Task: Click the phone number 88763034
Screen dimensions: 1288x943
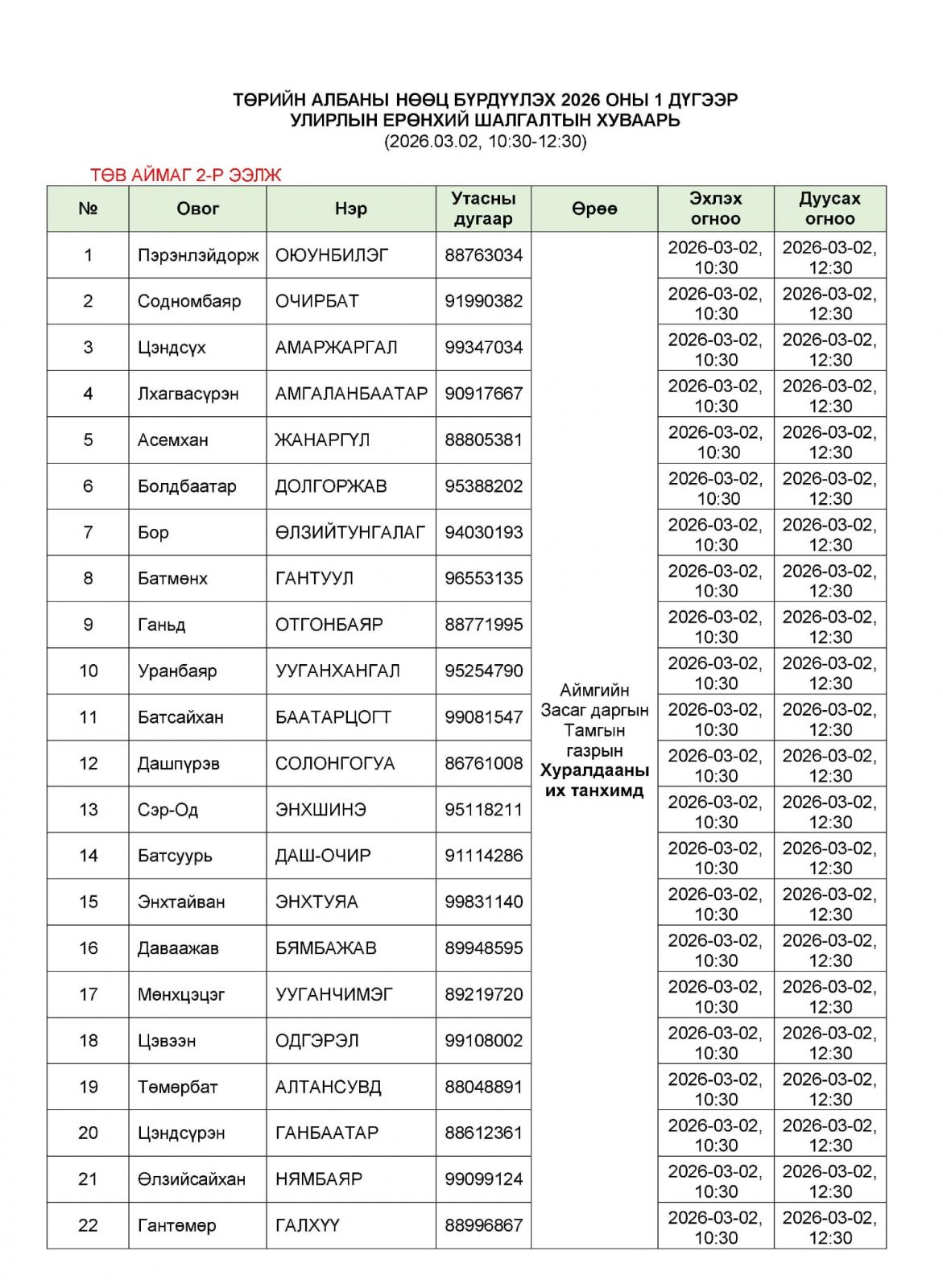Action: (483, 255)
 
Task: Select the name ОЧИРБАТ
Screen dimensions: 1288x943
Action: (316, 301)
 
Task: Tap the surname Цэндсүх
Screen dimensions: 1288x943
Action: (172, 348)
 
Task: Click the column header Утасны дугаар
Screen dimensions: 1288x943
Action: (483, 208)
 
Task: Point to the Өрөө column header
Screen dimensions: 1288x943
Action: (594, 208)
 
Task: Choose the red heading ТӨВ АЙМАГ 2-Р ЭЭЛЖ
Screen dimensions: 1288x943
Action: (186, 175)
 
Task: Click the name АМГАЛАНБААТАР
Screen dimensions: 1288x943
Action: (351, 394)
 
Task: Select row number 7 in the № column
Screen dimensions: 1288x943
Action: (88, 532)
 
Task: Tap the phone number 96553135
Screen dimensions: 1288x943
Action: (483, 578)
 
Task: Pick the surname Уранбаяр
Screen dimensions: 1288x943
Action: (177, 671)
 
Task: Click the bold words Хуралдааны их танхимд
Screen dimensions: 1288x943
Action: (594, 781)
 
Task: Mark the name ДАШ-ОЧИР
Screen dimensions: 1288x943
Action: (323, 856)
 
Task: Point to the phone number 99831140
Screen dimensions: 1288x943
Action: (483, 902)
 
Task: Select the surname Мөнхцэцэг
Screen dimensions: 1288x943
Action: (181, 994)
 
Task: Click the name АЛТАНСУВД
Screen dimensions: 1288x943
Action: (328, 1087)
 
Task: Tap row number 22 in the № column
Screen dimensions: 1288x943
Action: (88, 1225)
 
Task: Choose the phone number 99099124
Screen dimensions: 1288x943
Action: (483, 1179)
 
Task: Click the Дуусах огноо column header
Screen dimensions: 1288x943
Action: (829, 208)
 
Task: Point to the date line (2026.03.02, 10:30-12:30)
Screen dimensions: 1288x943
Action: (485, 142)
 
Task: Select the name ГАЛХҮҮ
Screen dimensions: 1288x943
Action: (308, 1225)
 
